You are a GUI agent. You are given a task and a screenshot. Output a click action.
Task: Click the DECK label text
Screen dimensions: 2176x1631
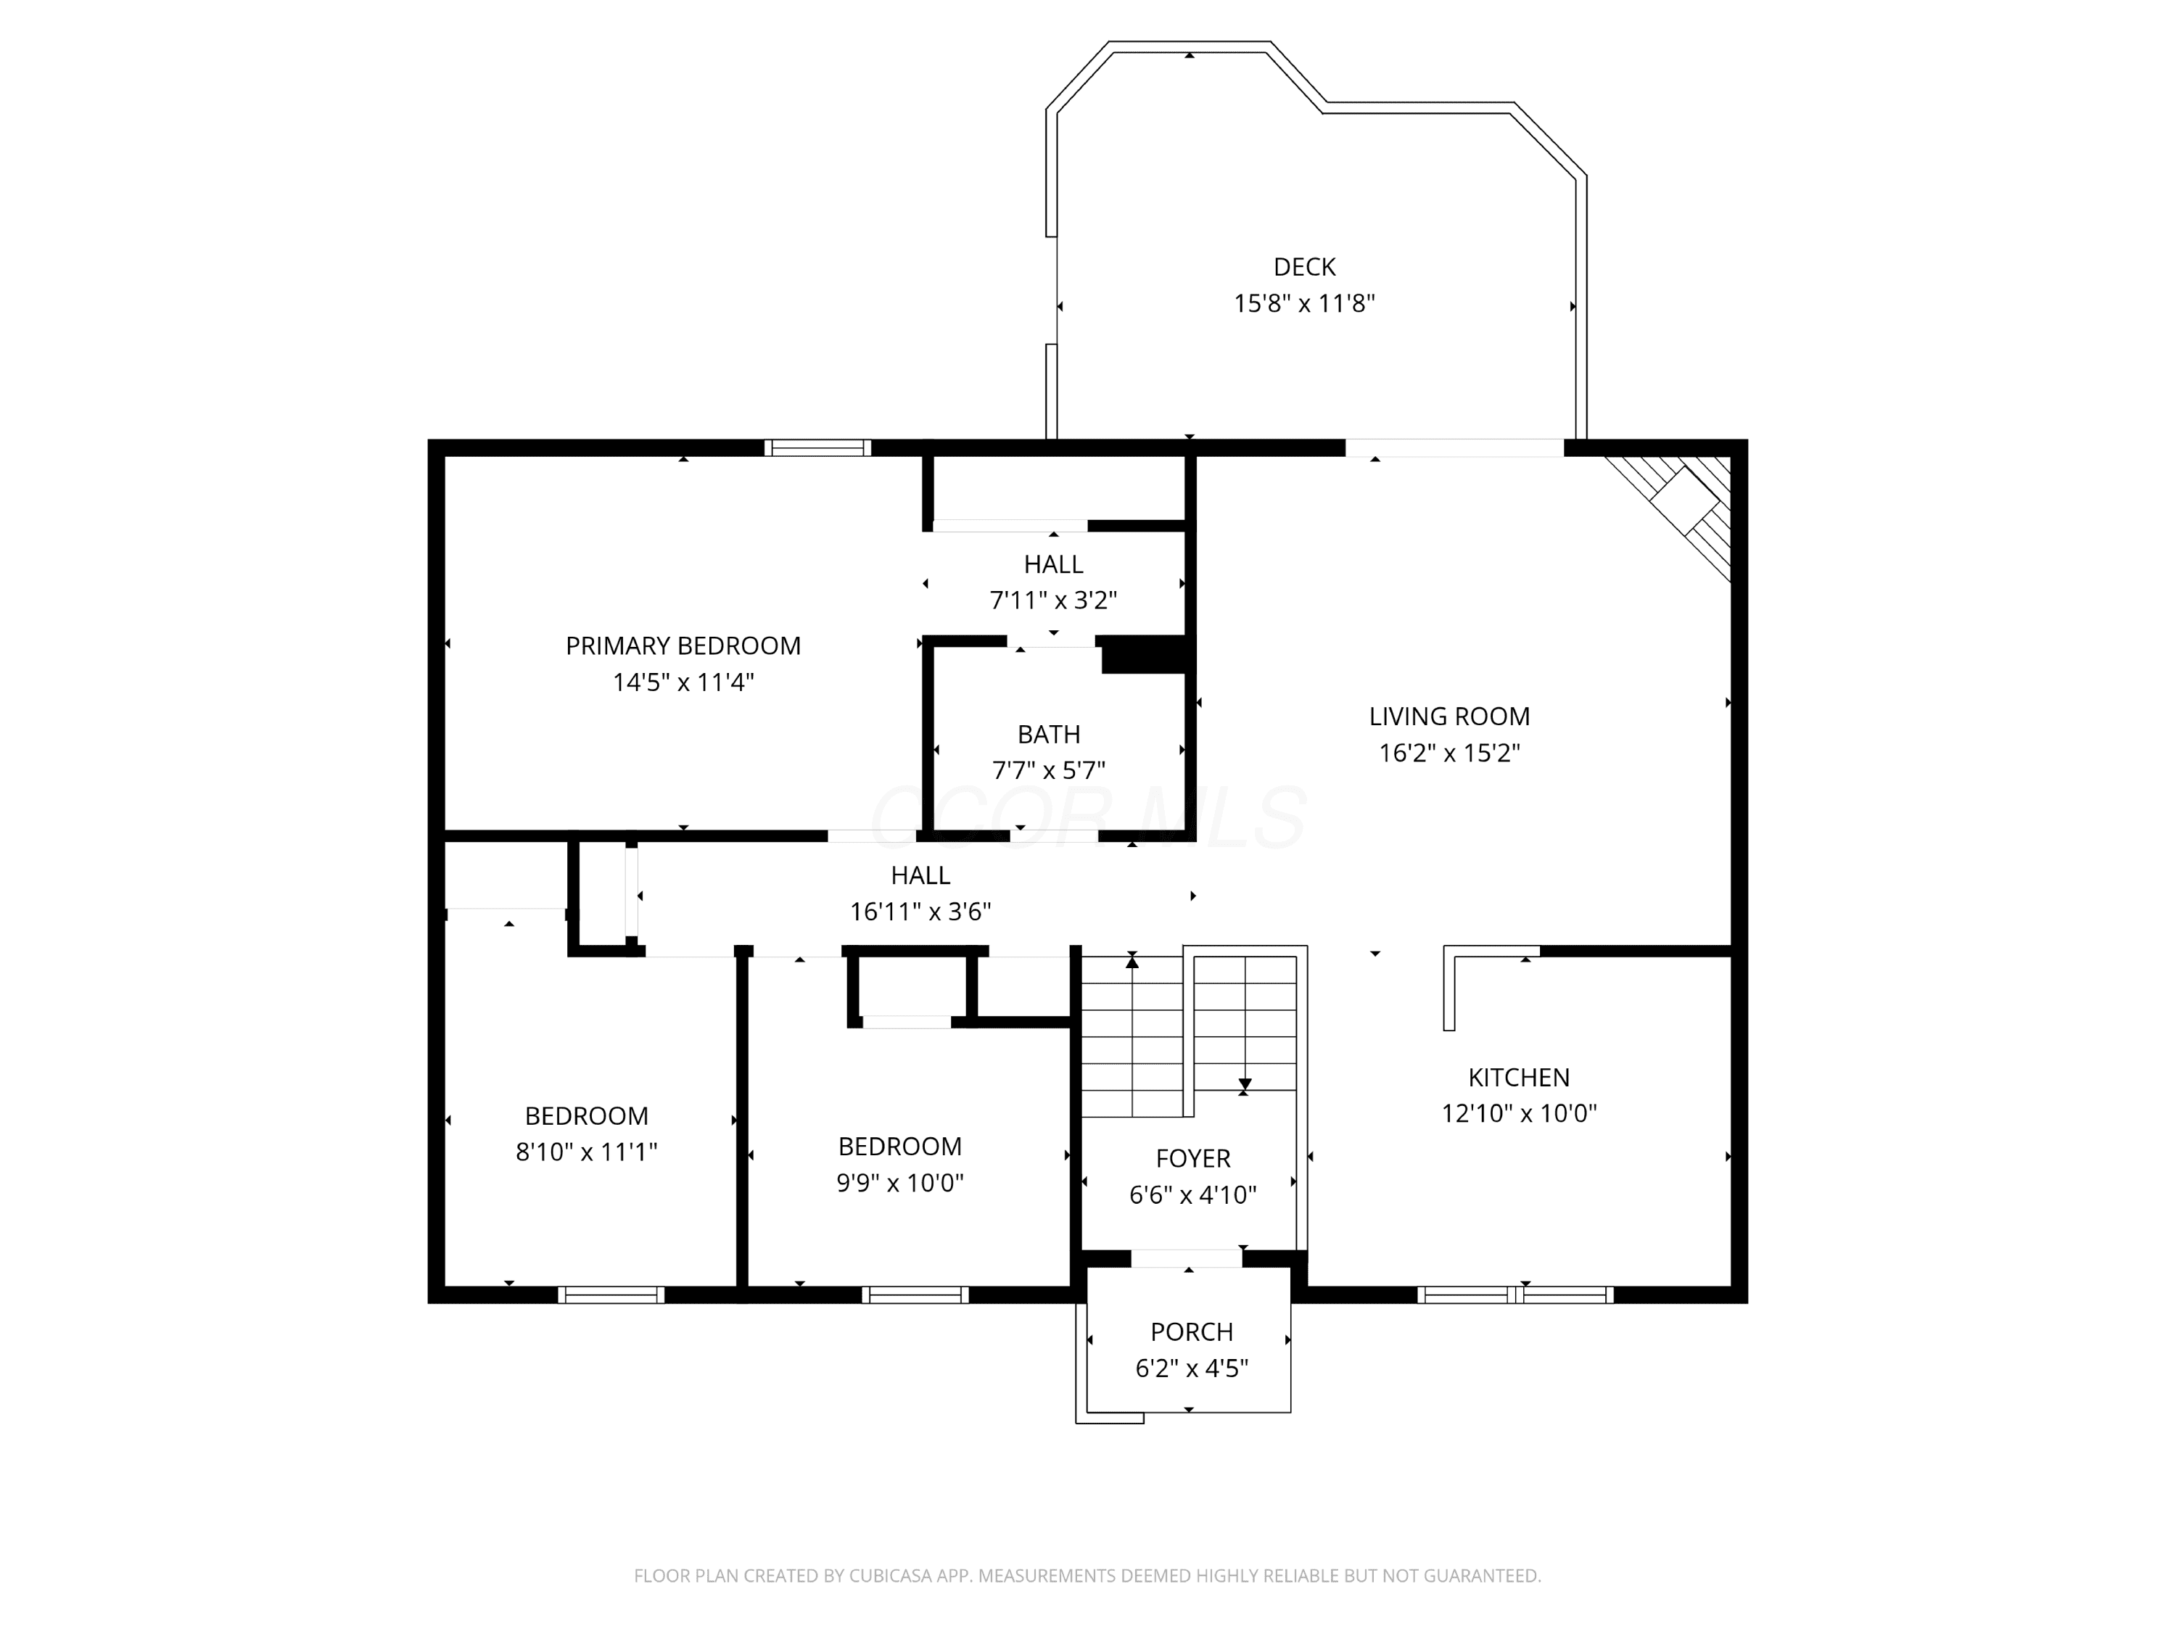click(x=1304, y=267)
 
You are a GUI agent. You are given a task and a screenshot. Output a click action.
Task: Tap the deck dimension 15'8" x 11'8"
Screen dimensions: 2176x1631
click(x=1304, y=303)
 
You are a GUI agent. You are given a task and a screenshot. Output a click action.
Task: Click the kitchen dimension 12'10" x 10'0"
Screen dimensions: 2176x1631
click(x=1519, y=1114)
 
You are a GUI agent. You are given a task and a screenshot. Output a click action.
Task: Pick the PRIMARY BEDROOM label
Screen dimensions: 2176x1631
click(x=683, y=645)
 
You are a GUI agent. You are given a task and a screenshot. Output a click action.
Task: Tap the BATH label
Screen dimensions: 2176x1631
click(x=1049, y=734)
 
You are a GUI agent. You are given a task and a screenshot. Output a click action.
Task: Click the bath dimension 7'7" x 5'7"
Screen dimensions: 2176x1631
click(x=1049, y=770)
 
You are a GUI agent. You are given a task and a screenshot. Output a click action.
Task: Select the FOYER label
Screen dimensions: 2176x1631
click(x=1193, y=1159)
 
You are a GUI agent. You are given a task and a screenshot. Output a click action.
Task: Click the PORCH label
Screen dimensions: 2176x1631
click(x=1191, y=1332)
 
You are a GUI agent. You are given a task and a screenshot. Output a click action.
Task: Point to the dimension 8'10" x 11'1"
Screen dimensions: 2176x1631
click(x=586, y=1152)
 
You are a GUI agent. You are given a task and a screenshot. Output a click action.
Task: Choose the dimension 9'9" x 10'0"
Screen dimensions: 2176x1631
click(x=900, y=1182)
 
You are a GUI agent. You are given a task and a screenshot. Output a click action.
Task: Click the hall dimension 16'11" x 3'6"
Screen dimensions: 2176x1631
click(x=920, y=912)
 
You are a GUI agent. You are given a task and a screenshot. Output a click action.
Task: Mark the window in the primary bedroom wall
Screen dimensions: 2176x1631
click(x=817, y=447)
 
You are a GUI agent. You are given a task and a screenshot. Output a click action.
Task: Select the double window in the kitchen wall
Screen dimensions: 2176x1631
click(x=1515, y=1295)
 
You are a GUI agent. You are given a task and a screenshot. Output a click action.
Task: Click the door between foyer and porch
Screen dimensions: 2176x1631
click(x=1187, y=1258)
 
